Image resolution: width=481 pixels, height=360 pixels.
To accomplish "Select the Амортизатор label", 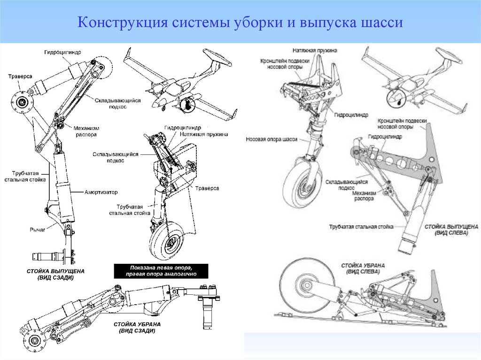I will pos(101,192).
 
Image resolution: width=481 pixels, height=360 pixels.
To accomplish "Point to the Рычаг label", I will pos(37,230).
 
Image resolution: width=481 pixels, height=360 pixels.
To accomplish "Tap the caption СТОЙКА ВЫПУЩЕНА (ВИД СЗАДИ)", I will pos(55,275).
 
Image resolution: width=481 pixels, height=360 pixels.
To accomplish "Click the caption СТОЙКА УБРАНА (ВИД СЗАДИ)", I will pos(137,327).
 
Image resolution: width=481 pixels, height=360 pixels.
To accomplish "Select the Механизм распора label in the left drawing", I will pos(85,131).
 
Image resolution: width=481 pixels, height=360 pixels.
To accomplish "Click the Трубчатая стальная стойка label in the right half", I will pos(361,226).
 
